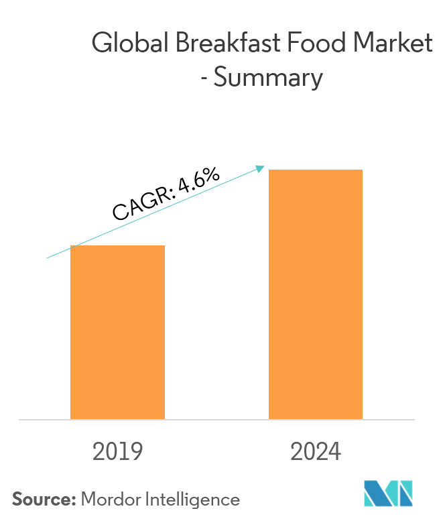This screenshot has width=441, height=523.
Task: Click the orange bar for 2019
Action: (x=117, y=332)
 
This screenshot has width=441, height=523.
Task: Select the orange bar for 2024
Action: (x=316, y=294)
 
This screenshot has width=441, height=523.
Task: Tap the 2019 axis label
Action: (x=117, y=452)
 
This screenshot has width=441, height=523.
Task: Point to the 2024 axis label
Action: (x=316, y=452)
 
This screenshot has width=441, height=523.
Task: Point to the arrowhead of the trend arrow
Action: (x=262, y=168)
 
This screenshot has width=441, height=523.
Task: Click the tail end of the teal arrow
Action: (x=47, y=257)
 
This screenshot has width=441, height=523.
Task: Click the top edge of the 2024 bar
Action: (x=316, y=170)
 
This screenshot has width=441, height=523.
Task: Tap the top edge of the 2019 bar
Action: (x=117, y=246)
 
